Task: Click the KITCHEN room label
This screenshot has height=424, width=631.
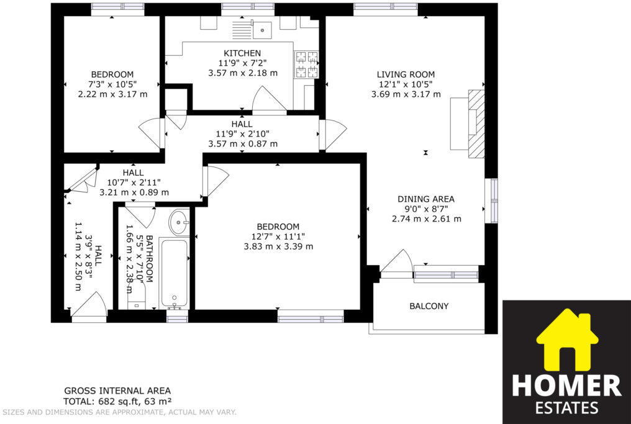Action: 242,53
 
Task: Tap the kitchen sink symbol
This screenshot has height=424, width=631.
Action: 261,28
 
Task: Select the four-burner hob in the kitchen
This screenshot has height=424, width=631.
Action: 306,65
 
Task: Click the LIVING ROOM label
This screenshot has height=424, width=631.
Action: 406,74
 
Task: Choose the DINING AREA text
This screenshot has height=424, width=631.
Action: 426,199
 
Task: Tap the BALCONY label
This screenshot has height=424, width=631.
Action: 429,306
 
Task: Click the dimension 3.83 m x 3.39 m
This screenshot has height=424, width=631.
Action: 278,246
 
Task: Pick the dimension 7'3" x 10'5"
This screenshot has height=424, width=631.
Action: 112,84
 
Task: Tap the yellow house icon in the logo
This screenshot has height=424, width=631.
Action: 566,341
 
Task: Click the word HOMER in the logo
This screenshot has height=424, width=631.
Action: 566,386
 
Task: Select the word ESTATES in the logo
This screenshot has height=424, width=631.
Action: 566,408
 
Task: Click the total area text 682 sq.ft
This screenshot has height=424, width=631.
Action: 117,401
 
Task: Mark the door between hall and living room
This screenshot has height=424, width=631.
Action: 333,135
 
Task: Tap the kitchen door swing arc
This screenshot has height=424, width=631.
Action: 269,99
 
